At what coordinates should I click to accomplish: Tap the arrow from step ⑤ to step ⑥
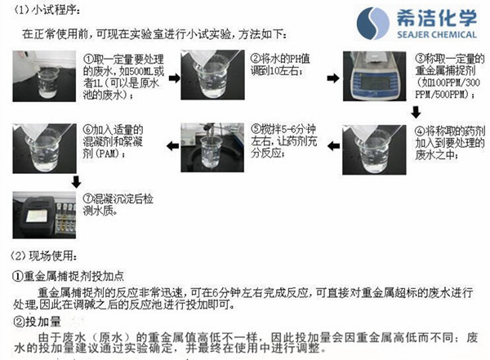170,148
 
